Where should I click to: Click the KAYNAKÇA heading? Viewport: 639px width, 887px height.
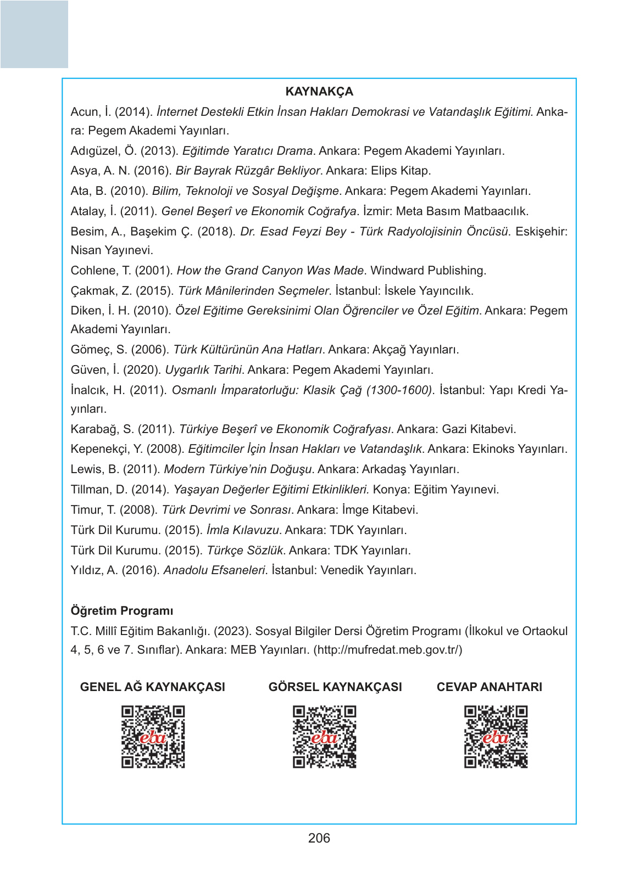click(x=319, y=92)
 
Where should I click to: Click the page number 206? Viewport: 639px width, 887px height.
click(x=319, y=838)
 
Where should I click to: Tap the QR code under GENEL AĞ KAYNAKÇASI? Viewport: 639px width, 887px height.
click(x=153, y=737)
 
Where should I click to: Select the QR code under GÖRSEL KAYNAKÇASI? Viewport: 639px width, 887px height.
click(x=324, y=737)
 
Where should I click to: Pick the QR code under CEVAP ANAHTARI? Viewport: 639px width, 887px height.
click(x=496, y=737)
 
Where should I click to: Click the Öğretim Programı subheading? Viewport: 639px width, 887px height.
click(x=122, y=611)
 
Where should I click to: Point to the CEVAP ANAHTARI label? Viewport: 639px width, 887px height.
click(x=489, y=687)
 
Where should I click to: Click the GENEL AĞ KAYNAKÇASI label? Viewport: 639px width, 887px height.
click(x=153, y=687)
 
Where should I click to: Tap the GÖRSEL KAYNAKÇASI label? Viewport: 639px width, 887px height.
click(x=335, y=687)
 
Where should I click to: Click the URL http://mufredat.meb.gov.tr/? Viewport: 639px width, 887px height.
click(x=388, y=650)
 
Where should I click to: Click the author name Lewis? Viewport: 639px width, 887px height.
click(x=86, y=469)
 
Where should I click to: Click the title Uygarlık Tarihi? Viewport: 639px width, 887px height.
click(x=203, y=370)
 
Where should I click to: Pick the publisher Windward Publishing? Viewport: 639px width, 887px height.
click(x=428, y=271)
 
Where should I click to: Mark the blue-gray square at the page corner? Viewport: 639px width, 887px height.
click(x=34, y=34)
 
